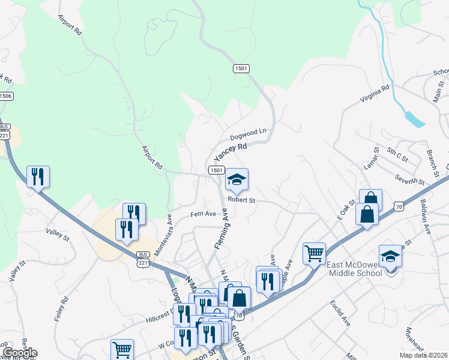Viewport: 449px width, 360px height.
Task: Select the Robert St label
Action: pyautogui.click(x=241, y=200)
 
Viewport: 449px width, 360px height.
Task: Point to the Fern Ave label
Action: pyautogui.click(x=203, y=214)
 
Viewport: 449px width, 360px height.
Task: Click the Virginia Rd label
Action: pyautogui.click(x=374, y=94)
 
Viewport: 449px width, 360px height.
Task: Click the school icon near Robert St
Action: pyautogui.click(x=237, y=179)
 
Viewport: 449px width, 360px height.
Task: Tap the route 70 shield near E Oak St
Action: pyautogui.click(x=399, y=206)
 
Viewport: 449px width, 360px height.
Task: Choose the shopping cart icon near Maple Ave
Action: pyautogui.click(x=314, y=253)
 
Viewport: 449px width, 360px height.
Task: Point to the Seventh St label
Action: pyautogui.click(x=410, y=179)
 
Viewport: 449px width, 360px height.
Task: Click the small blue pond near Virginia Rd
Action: pyautogui.click(x=414, y=118)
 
